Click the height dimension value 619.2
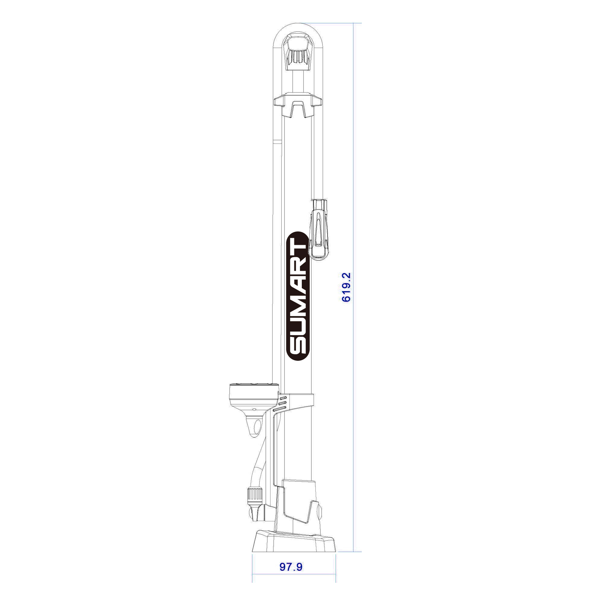tap(346, 287)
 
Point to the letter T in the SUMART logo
tap(297, 248)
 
